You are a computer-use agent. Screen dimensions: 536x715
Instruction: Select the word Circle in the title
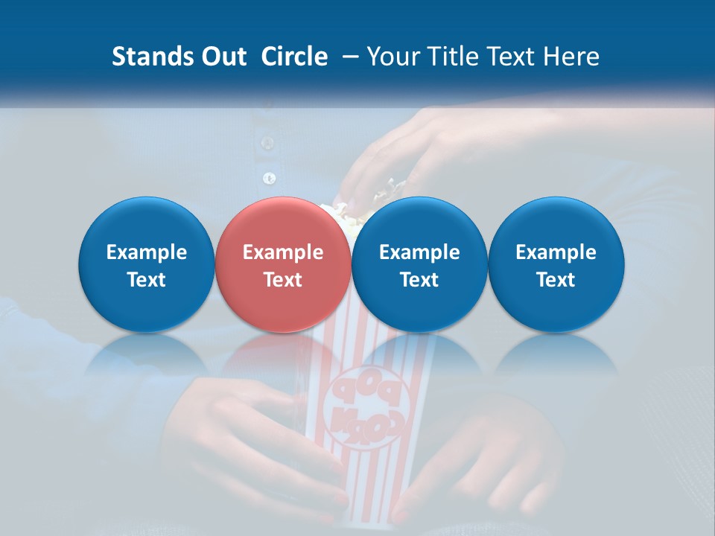pos(294,57)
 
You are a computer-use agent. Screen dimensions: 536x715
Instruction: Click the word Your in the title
pos(393,57)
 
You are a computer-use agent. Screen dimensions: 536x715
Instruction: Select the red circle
pos(283,264)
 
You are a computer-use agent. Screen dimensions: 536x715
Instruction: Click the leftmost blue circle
pos(147,264)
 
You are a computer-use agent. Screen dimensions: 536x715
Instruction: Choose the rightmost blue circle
pos(556,264)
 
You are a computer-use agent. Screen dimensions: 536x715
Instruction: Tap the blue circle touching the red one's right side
pos(419,264)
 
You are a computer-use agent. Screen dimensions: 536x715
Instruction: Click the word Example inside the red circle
pos(283,252)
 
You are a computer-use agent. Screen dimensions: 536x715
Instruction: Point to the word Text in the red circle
pos(283,280)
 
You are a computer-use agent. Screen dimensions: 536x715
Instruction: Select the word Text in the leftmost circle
pos(147,280)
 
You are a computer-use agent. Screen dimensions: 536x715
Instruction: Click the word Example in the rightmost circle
pos(556,252)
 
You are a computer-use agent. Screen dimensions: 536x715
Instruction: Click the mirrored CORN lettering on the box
pos(366,424)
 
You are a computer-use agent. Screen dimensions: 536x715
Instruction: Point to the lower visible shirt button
pos(270,178)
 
